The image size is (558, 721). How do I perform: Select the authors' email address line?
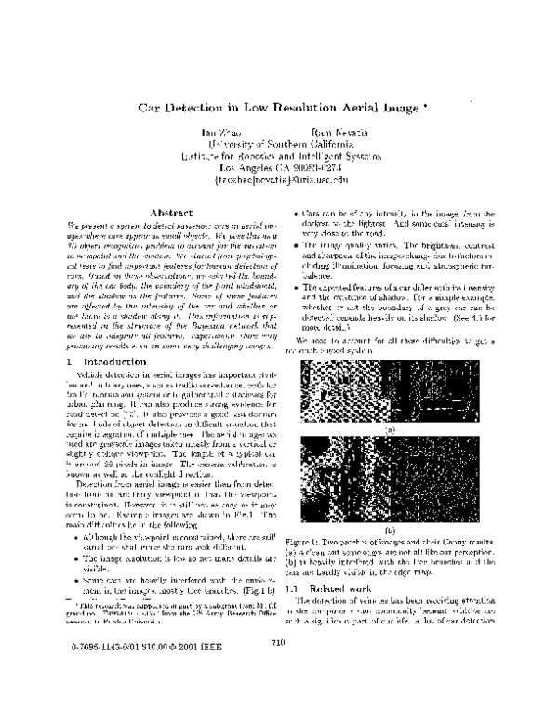tap(278, 180)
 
